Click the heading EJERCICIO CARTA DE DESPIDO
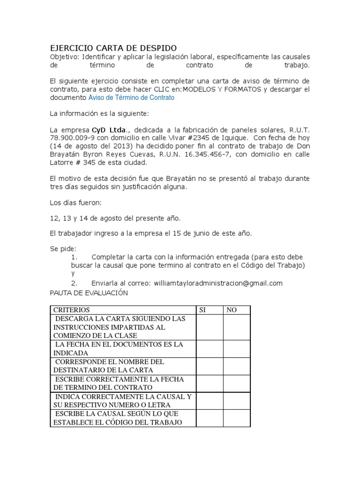(x=113, y=48)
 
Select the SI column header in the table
(x=203, y=310)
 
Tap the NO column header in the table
(x=232, y=310)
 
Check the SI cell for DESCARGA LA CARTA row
(x=209, y=327)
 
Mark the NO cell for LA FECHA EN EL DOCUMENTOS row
(x=236, y=349)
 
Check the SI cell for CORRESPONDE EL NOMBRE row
(x=209, y=366)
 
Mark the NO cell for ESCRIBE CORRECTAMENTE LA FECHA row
(x=236, y=383)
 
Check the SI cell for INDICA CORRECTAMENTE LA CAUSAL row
(x=209, y=401)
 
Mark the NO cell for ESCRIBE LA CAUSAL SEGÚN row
(x=236, y=418)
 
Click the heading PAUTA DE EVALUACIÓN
(x=89, y=292)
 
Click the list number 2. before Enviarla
(x=74, y=283)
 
